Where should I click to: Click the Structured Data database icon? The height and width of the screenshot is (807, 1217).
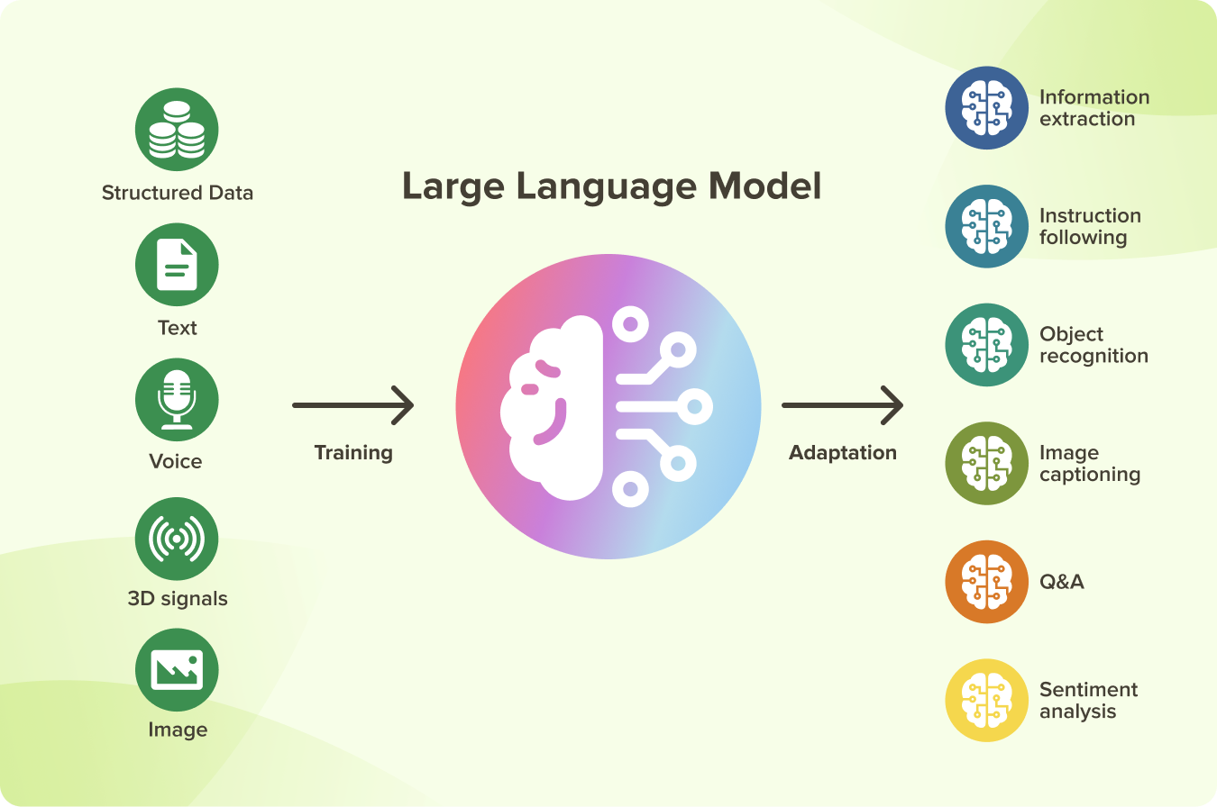tap(177, 130)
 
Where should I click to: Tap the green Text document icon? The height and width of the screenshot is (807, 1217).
tap(177, 265)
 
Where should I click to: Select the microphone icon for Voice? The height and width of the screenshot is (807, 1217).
tap(177, 400)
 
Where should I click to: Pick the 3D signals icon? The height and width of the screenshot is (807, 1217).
tap(177, 539)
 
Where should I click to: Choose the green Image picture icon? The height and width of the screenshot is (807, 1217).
tap(177, 670)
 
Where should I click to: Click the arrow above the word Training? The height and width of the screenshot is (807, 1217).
tap(352, 405)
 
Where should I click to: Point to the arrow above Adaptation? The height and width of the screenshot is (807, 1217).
tap(842, 405)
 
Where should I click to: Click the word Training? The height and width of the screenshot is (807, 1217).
tap(353, 452)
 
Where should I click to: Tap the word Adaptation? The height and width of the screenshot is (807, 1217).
tap(843, 452)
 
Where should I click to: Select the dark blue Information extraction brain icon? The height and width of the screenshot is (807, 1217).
tap(986, 108)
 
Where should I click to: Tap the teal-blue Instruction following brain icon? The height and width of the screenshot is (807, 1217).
tap(986, 227)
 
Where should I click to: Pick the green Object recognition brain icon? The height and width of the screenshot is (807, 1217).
tap(986, 345)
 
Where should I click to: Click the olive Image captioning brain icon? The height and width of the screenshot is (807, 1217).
tap(986, 463)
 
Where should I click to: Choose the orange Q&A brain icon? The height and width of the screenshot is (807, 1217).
tap(986, 582)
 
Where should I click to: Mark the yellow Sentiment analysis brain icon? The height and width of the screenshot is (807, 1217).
tap(986, 701)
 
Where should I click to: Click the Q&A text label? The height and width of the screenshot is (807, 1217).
tap(1062, 582)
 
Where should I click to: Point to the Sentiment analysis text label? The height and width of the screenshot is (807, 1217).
tap(1088, 701)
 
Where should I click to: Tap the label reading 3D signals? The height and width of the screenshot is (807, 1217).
tap(178, 599)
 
